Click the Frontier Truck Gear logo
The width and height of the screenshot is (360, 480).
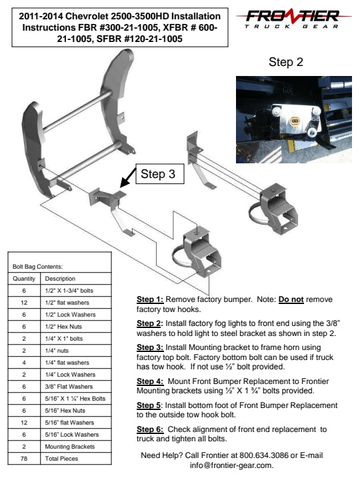pyautogui.click(x=293, y=19)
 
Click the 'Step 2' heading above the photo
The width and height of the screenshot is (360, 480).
pyautogui.click(x=285, y=62)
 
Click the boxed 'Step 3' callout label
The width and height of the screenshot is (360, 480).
pyautogui.click(x=160, y=174)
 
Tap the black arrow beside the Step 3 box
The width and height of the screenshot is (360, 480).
pyautogui.click(x=128, y=177)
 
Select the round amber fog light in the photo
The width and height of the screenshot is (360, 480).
pyautogui.click(x=295, y=121)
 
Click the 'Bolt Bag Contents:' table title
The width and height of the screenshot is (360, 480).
pyautogui.click(x=37, y=267)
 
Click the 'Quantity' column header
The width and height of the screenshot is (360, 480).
pyautogui.click(x=24, y=279)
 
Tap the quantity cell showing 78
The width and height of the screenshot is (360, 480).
pyautogui.click(x=24, y=459)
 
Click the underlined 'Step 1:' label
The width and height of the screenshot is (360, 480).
pyautogui.click(x=150, y=299)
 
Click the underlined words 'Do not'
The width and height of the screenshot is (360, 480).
pyautogui.click(x=291, y=299)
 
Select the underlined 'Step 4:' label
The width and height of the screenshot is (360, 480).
pyautogui.click(x=150, y=381)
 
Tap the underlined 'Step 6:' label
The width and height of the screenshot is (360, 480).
pyautogui.click(x=150, y=429)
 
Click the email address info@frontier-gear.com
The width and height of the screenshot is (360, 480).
pyautogui.click(x=232, y=465)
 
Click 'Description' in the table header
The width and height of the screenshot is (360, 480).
pyautogui.click(x=60, y=279)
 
